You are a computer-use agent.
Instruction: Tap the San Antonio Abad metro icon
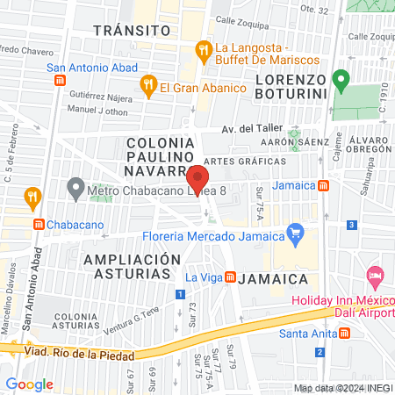pos(60,80)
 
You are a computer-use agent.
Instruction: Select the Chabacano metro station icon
pos(38,224)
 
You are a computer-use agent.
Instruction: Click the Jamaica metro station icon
pos(324,185)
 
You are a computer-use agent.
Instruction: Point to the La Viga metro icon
pos(230,278)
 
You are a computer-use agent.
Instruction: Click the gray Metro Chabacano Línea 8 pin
pos(76,188)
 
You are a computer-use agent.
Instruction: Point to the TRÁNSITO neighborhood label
pos(131,30)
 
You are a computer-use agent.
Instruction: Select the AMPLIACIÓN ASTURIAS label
pos(126,267)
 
